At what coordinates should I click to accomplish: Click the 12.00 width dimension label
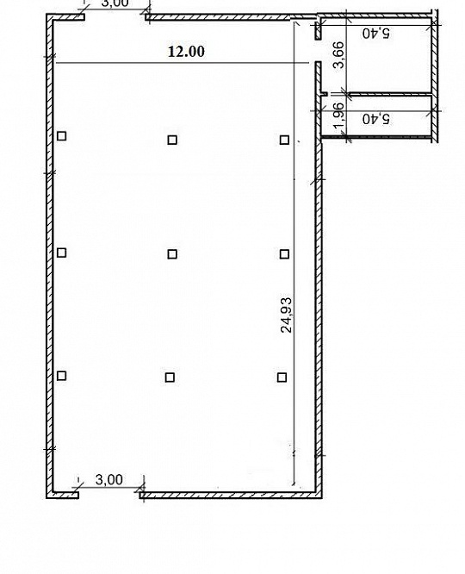(186, 51)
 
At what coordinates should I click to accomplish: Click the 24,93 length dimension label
(287, 315)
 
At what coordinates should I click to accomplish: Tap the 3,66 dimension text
(338, 56)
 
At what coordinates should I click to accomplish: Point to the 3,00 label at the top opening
(115, 4)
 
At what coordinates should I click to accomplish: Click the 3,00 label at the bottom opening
(108, 479)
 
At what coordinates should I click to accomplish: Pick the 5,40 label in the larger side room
(376, 34)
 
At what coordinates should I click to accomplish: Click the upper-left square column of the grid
(62, 135)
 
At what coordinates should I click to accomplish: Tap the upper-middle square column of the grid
(172, 140)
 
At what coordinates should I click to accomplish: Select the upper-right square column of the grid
(284, 140)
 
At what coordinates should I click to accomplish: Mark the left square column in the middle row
(61, 253)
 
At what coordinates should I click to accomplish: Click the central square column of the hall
(172, 253)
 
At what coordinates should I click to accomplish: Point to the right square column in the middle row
(284, 253)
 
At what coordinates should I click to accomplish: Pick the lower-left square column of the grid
(61, 375)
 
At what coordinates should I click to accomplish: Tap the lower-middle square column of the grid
(170, 377)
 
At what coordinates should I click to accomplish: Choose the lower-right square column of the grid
(282, 377)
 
